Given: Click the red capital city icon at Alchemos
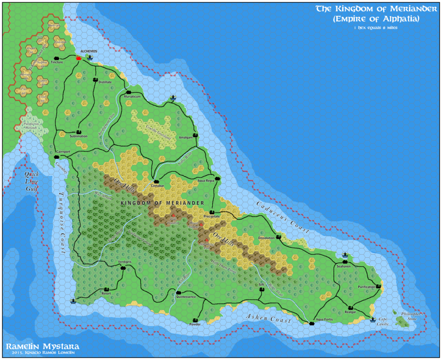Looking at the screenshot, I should tap(79, 57).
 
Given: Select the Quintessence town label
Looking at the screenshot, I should tap(186, 297).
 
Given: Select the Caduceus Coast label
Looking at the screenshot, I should tap(283, 218).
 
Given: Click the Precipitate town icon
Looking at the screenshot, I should tap(212, 212).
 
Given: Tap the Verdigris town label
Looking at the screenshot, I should tap(124, 262).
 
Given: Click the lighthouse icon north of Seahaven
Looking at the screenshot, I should tap(345, 255).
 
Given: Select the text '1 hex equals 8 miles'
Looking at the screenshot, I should tap(374, 28).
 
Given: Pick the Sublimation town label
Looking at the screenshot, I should tap(78, 136).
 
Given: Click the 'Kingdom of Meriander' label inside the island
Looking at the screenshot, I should tap(163, 202).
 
